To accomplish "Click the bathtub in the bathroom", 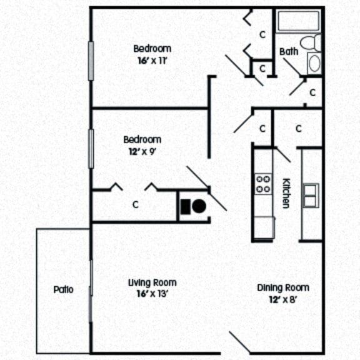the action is (298, 21).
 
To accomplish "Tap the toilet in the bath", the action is (311, 42).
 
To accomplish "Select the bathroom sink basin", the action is (314, 63).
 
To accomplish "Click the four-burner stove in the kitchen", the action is (263, 184).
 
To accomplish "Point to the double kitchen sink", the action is (311, 196).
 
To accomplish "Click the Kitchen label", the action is (286, 193).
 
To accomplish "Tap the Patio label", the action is (63, 289).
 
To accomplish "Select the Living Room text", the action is (152, 283).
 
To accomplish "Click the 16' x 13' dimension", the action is (152, 294).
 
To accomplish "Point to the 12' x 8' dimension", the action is (283, 299).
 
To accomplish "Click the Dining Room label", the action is (283, 288).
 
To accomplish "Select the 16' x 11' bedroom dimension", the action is (152, 61).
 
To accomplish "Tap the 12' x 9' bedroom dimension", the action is (142, 151).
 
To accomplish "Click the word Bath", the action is (289, 52).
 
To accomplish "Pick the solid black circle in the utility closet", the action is (199, 206).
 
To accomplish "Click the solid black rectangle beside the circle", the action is (186, 207).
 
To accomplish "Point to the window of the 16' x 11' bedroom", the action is (91, 61).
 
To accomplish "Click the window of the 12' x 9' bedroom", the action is (91, 149).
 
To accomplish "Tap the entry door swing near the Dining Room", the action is (239, 342).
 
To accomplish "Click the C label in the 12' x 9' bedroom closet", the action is (136, 204).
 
